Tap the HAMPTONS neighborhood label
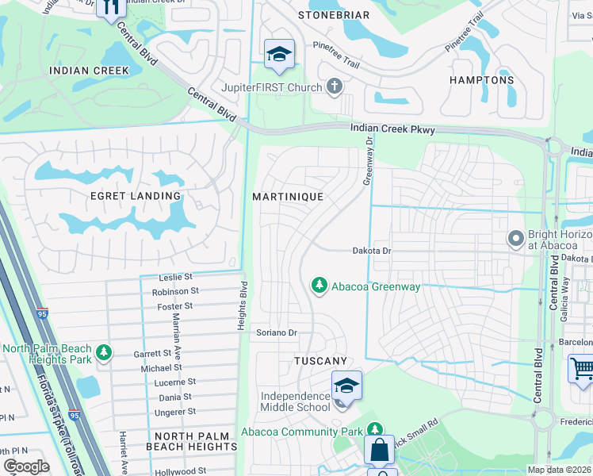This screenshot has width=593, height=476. click(481, 80)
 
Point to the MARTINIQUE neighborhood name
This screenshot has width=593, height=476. click(287, 196)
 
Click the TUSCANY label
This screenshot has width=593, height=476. click(321, 361)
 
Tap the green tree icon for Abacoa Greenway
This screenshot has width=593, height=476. click(319, 285)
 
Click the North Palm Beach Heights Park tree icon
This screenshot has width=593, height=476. click(102, 352)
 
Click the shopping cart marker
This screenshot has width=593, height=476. click(582, 368)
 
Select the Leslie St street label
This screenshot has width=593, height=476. click(176, 277)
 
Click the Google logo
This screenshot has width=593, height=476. click(26, 466)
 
